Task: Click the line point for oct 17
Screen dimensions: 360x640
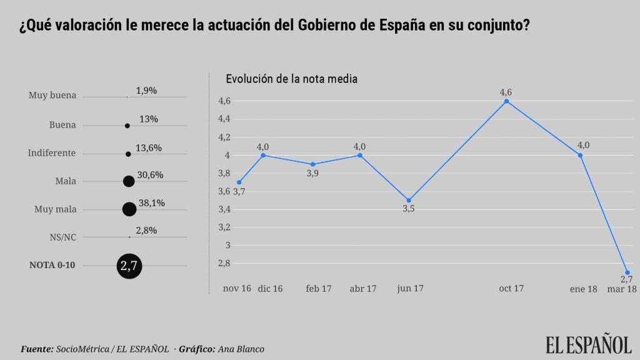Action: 506,101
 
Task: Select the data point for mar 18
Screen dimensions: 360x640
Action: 627,272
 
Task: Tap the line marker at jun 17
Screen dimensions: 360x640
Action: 408,200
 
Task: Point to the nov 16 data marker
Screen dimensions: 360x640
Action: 239,182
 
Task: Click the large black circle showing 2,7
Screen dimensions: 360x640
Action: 129,266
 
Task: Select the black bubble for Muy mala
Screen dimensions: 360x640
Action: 129,209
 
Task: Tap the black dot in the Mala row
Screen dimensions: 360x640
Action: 129,181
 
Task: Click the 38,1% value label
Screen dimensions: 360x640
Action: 151,203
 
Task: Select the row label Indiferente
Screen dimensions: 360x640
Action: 52,153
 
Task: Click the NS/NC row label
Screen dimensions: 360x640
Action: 62,237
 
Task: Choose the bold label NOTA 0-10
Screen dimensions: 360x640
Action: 52,266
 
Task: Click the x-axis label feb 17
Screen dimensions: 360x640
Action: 318,288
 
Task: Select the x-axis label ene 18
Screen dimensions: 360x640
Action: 582,289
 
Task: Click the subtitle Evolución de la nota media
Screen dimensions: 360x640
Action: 291,79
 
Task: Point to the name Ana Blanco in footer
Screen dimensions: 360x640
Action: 241,349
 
